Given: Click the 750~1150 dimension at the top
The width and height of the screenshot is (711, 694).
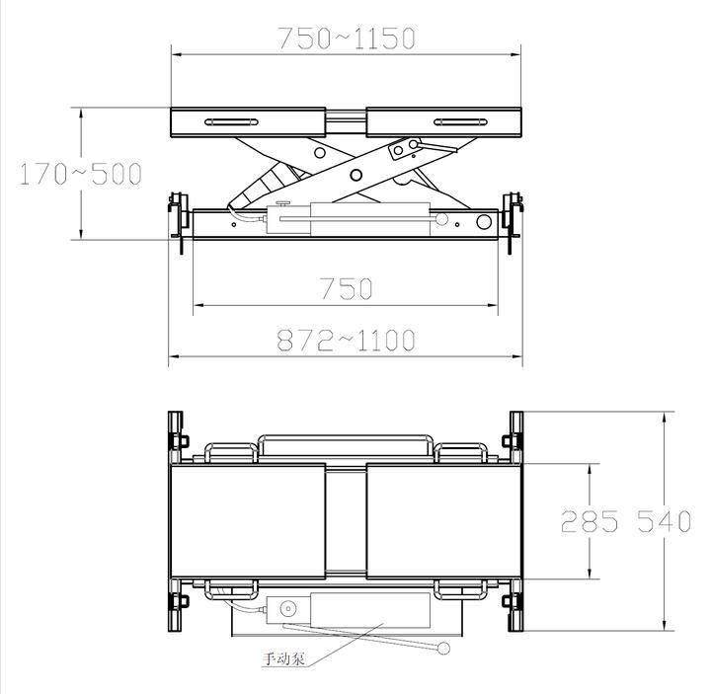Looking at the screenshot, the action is (347, 39).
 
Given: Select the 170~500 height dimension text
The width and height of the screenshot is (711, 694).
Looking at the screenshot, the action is (81, 174).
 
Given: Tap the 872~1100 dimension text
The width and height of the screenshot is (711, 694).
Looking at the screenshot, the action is (346, 341).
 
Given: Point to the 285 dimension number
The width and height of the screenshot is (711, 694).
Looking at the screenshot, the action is (589, 521).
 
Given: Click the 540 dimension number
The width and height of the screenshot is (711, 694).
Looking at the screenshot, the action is (664, 521).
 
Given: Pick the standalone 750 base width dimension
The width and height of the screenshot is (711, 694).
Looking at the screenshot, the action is (346, 288).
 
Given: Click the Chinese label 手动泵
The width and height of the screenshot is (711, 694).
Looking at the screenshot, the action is (283, 658).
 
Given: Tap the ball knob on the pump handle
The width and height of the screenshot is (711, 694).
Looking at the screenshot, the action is (443, 649).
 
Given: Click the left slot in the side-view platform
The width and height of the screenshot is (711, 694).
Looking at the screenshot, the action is (231, 122).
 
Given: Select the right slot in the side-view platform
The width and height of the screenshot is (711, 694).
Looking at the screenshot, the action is (460, 122).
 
